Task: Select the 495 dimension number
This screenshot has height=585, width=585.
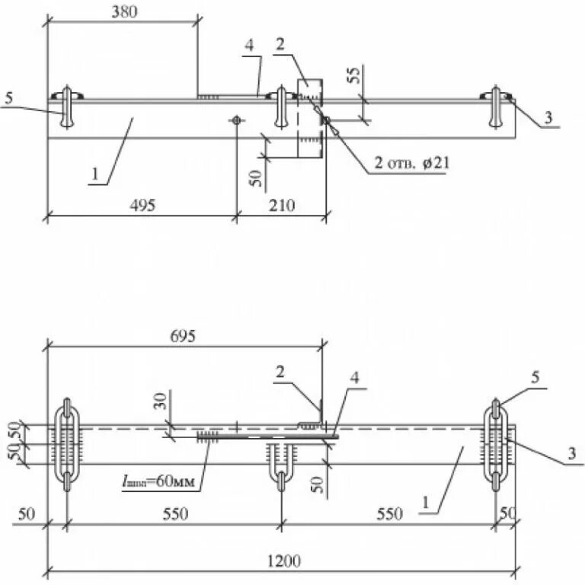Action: [x=141, y=204]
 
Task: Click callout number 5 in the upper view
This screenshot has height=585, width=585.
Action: [x=8, y=98]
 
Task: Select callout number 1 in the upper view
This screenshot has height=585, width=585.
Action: [x=94, y=174]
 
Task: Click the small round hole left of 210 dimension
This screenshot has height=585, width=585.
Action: [x=237, y=120]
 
